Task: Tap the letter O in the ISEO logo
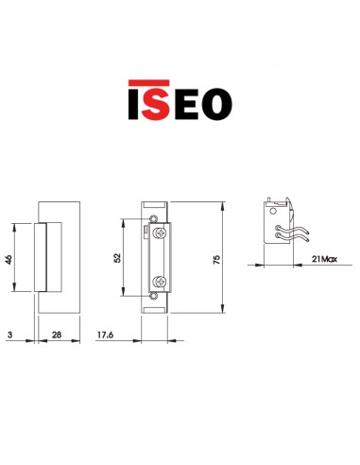coord(215,101)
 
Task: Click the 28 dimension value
coord(59,336)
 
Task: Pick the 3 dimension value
coord(9,336)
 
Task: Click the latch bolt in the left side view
coord(43,255)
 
